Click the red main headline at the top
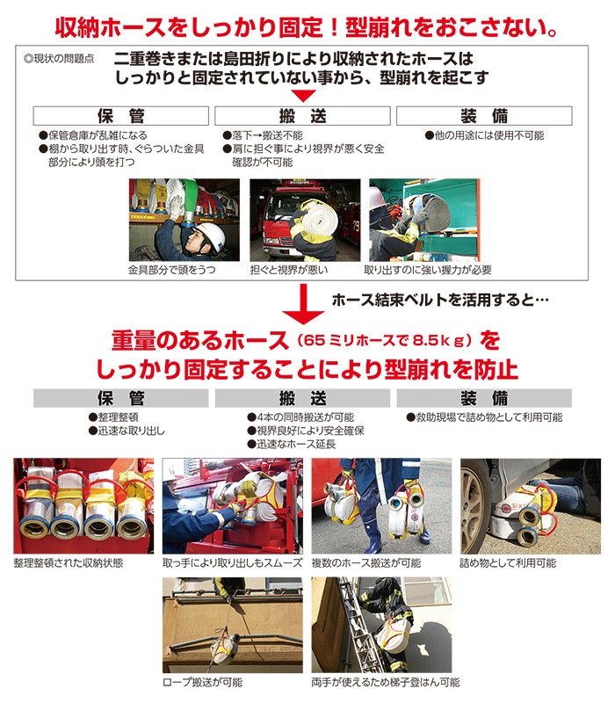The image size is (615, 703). click(x=307, y=25)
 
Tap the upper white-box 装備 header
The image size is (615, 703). click(x=484, y=116)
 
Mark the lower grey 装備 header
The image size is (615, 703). click(x=484, y=398)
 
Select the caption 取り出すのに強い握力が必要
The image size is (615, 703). click(x=428, y=270)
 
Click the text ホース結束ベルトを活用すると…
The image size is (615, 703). click(x=440, y=300)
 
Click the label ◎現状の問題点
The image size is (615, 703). click(x=60, y=61)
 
